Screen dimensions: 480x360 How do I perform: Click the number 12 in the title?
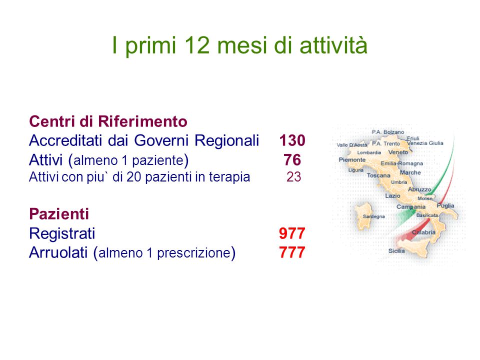tap(197, 45)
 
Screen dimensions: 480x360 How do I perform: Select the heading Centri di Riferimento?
tap(108, 121)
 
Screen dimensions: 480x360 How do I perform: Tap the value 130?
tap(292, 140)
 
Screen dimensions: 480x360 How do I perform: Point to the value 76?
tap(292, 160)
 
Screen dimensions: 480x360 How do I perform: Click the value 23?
tap(294, 177)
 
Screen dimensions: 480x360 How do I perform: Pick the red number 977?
tap(292, 233)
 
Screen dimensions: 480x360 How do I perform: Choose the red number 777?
tap(292, 252)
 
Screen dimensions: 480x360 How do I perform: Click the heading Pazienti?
tap(59, 214)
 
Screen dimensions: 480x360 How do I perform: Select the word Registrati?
tap(62, 234)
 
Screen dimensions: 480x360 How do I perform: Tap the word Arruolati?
tap(58, 252)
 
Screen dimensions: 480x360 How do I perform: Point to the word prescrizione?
tap(194, 253)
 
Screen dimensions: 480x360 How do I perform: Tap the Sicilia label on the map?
tap(396, 250)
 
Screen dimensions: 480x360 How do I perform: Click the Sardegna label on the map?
tap(374, 216)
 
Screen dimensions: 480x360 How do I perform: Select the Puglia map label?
tap(445, 205)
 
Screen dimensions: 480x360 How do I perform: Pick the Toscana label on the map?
tap(378, 175)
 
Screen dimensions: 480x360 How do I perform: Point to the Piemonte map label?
tap(352, 159)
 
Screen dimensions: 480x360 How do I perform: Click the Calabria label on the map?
tap(423, 232)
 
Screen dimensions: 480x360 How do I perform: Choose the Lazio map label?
tap(393, 195)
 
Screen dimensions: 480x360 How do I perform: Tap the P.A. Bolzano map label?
tap(388, 132)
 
